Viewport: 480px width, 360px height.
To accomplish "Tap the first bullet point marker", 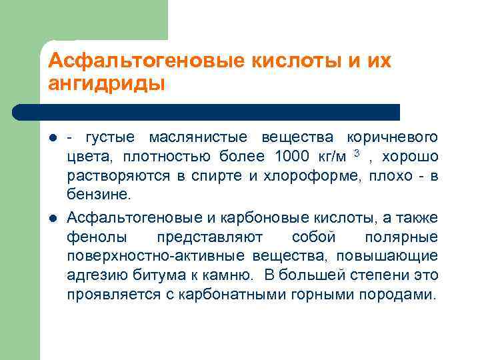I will pos(52,138).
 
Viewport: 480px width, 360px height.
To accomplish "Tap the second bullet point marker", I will pos(52,218).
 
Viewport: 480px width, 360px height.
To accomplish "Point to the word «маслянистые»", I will pos(198,137).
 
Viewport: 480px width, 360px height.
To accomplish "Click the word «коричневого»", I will pos(392,137).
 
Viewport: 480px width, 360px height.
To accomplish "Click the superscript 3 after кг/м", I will pos(357,154).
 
